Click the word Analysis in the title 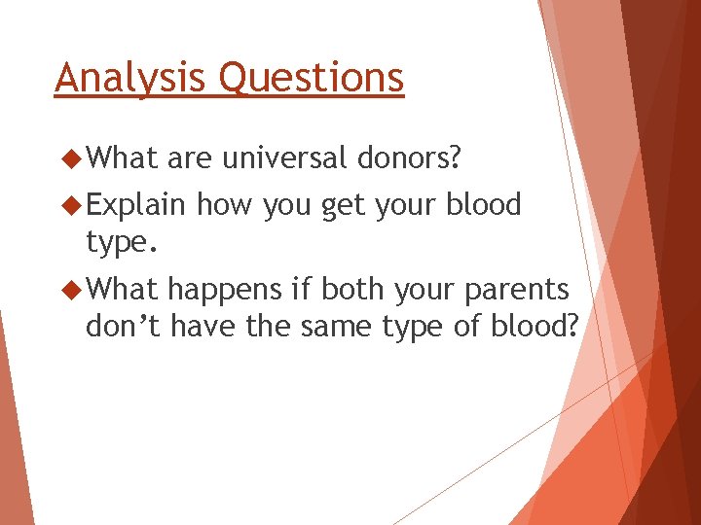[x=129, y=78]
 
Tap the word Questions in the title [x=312, y=77]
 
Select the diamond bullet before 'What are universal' [x=71, y=158]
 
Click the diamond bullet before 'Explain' [x=71, y=205]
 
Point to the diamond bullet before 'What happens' [x=71, y=290]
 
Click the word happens [x=225, y=291]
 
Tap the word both [x=352, y=289]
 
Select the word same [x=336, y=328]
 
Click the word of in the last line [x=467, y=325]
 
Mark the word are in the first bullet [x=189, y=159]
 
